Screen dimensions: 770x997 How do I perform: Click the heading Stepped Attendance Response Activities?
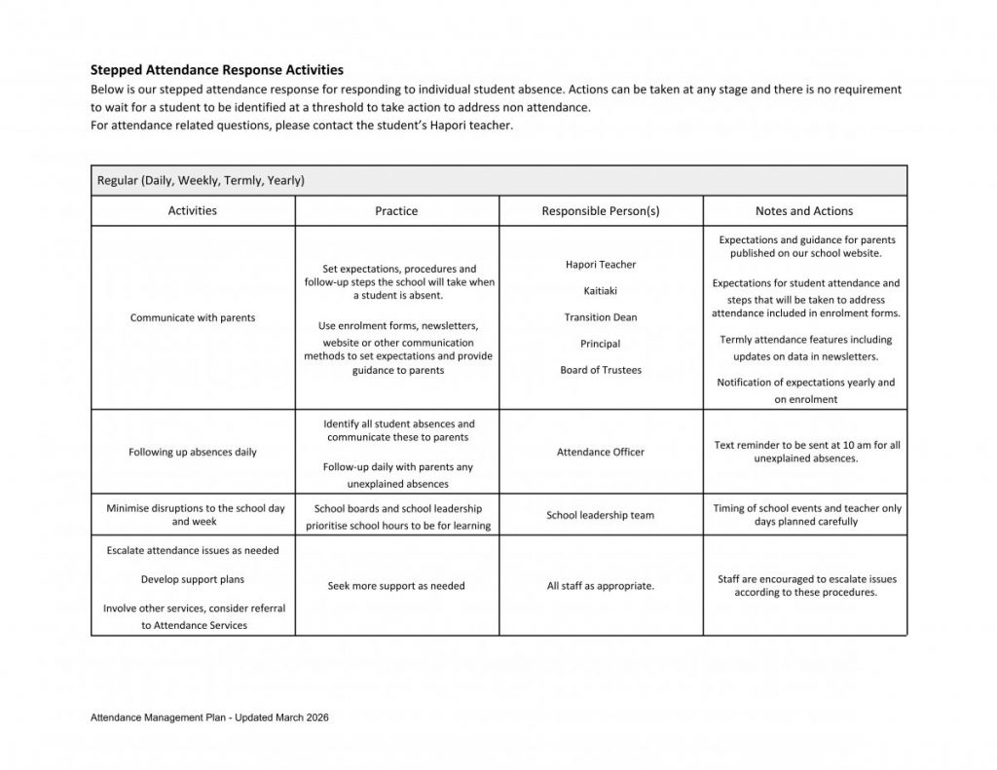[216, 70]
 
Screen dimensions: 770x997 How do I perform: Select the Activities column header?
[193, 210]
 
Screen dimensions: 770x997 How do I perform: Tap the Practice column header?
[396, 210]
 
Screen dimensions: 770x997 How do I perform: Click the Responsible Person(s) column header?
[600, 210]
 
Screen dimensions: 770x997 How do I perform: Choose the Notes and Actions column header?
[803, 210]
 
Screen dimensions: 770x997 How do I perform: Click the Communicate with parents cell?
[193, 317]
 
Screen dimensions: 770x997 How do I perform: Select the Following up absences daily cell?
[193, 452]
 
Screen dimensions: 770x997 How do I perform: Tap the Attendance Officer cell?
[600, 452]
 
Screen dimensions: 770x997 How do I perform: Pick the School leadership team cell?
[600, 515]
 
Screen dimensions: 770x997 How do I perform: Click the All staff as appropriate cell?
[600, 586]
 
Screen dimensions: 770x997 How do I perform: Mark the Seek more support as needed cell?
[396, 586]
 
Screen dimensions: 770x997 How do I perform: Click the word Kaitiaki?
[600, 291]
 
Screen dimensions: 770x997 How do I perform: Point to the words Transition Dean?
[600, 317]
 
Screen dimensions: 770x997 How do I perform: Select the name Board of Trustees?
[600, 370]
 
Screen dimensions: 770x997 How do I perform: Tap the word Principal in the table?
[600, 344]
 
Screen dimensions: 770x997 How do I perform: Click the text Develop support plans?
[193, 579]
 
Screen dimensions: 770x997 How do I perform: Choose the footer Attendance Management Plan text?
[208, 717]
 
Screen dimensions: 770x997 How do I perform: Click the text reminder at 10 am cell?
[805, 452]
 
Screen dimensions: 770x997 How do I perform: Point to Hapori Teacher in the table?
[600, 265]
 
